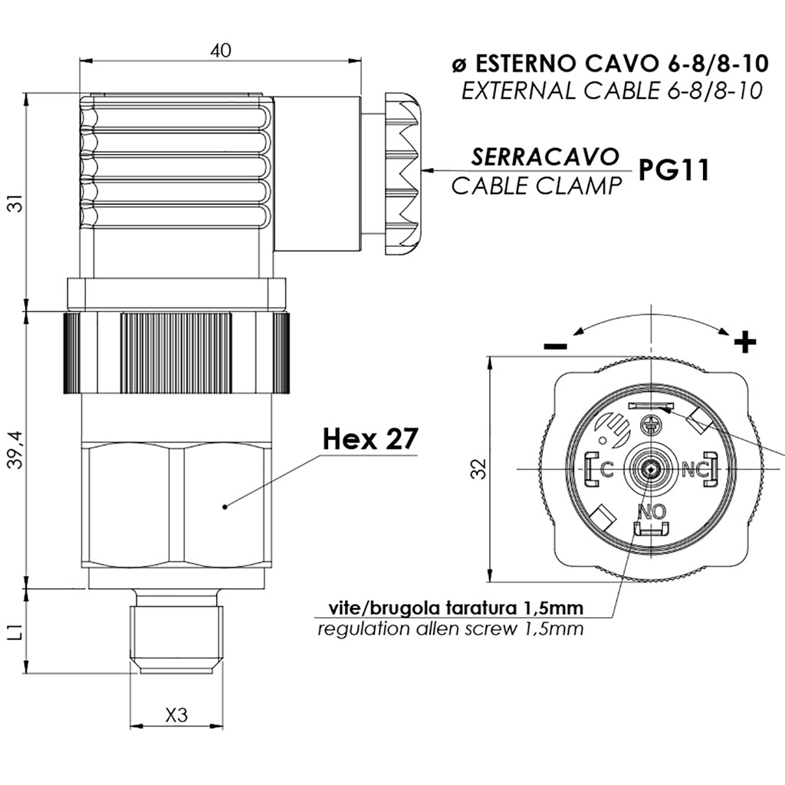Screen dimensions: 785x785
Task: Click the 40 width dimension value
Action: click(221, 51)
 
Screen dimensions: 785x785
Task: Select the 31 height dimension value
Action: click(17, 203)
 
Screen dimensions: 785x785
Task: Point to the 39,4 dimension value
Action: click(17, 449)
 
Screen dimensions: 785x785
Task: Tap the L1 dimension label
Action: click(17, 632)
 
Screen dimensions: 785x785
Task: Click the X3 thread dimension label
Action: click(177, 715)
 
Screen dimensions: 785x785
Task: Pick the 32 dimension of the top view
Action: click(479, 469)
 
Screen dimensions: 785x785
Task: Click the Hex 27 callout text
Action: click(370, 439)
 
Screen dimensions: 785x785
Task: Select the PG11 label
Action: click(675, 170)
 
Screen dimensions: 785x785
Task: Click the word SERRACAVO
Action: click(544, 156)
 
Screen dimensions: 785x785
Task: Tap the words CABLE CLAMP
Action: click(536, 186)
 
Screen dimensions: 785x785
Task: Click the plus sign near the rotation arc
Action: click(745, 343)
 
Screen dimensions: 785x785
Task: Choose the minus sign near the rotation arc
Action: click(555, 346)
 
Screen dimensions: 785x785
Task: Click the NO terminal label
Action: click(652, 511)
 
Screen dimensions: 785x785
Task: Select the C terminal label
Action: click(606, 469)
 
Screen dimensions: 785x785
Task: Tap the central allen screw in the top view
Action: click(650, 469)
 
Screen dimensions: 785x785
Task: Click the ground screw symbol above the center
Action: click(649, 425)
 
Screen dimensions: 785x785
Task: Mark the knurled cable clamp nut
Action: click(402, 172)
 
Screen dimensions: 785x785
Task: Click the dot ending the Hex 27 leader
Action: click(225, 507)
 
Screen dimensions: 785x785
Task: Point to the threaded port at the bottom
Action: click(176, 632)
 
